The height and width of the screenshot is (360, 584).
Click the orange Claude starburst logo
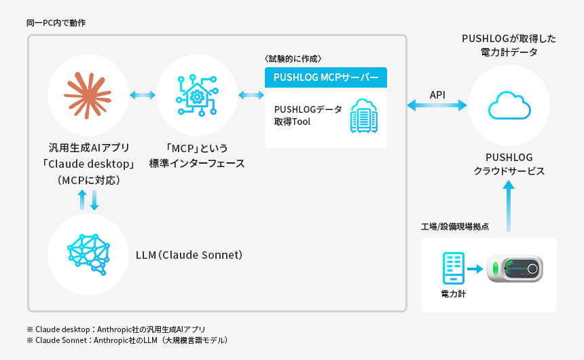88,94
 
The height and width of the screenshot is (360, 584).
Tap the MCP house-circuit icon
197,95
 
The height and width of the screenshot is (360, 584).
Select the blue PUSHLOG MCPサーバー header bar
326,77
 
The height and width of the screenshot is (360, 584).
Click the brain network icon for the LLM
88,255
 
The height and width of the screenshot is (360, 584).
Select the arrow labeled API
437,105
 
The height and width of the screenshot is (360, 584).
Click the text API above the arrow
437,94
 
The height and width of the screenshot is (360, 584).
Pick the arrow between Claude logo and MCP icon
143,95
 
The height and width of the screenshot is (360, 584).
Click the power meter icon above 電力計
453,269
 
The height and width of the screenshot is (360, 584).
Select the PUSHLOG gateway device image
515,269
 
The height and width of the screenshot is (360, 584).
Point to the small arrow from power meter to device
475,270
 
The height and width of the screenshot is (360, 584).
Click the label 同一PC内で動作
56,23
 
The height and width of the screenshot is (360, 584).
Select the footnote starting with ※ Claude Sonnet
127,340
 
